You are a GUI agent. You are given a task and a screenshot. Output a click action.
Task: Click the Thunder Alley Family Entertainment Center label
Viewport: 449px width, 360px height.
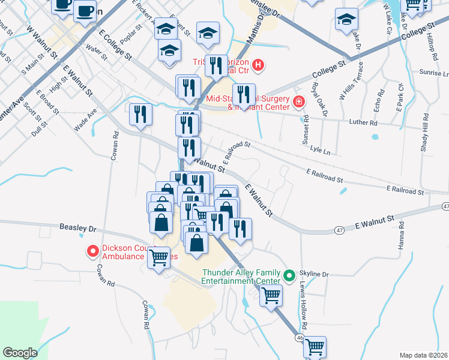(x=241, y=276)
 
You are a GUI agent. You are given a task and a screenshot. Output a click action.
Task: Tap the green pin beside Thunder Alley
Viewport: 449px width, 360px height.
(x=289, y=276)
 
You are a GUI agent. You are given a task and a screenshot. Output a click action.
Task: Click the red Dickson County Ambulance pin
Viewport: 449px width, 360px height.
(x=93, y=251)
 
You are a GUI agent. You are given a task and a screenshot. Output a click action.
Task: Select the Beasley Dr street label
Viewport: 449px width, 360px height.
(x=78, y=228)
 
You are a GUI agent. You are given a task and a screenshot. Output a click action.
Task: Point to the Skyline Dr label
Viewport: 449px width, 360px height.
(x=318, y=274)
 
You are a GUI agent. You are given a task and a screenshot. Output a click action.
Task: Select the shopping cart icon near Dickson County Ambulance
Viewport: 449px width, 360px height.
(x=159, y=258)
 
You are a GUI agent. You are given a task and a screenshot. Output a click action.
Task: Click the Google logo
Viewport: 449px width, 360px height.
(x=20, y=353)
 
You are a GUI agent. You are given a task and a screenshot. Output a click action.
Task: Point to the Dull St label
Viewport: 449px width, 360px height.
(x=41, y=128)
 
